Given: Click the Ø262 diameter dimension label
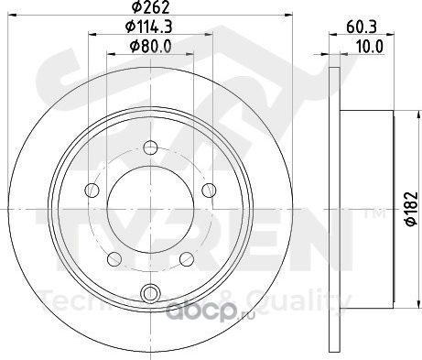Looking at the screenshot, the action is (150, 7).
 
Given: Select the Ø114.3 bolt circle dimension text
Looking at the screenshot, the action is (149, 27).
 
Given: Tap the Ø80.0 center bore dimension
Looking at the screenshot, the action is (150, 47).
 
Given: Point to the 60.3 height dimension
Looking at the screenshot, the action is (362, 27).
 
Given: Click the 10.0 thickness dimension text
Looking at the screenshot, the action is (370, 47).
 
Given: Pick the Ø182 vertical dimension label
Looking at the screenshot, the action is (412, 209).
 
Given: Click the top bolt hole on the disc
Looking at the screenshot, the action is (150, 147).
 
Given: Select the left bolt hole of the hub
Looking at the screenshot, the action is (92, 191).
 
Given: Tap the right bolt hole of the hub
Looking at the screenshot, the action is (209, 190).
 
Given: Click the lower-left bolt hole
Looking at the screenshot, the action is (114, 259).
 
